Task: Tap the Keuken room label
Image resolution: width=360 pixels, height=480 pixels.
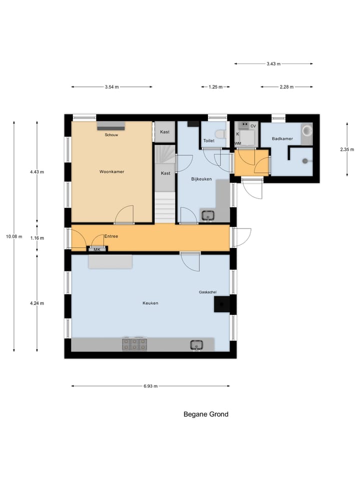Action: (x=150, y=303)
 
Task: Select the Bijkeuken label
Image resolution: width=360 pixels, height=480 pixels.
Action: (x=202, y=178)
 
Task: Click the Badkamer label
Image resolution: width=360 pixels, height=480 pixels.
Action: (x=282, y=138)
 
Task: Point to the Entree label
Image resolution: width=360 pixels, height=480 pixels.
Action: (x=111, y=236)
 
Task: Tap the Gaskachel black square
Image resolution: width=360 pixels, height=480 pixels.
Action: (x=222, y=304)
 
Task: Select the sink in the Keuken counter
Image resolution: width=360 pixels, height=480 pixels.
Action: (x=196, y=344)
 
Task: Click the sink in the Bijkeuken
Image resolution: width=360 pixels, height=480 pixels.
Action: (x=207, y=215)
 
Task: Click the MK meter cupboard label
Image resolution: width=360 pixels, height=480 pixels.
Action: (x=97, y=249)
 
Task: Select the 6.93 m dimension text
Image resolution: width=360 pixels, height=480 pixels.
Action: (x=150, y=386)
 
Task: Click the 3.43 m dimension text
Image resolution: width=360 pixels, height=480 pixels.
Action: (x=273, y=64)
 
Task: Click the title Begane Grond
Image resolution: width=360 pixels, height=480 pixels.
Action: (x=206, y=414)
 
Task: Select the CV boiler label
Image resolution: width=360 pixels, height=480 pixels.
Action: (x=253, y=126)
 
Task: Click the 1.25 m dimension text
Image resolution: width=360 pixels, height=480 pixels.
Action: (x=216, y=87)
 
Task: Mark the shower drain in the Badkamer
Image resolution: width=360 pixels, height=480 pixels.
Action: (x=305, y=161)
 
